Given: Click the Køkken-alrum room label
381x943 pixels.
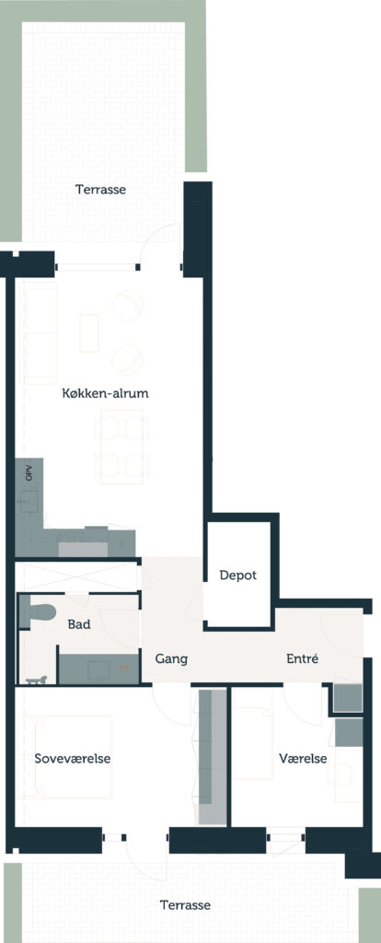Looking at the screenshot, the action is coord(105,394).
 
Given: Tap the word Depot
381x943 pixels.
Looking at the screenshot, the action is coord(238,576).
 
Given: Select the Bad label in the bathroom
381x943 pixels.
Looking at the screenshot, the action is coord(79,624).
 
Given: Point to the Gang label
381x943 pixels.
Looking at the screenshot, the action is coord(171,659).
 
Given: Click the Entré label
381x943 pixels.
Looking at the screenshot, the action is coord(302,658).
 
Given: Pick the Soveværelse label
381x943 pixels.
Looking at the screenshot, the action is coord(72,759).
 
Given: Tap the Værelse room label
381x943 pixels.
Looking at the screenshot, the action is coord(303,759).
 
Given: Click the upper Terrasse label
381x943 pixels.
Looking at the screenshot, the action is coord(100,190).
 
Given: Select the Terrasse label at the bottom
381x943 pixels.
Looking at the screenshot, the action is coord(185,905).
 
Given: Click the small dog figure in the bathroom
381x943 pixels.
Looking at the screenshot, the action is coord(36,680).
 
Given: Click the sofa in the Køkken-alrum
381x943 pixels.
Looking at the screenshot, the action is coord(40,333).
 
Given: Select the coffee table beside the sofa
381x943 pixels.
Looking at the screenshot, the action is coord(89,332).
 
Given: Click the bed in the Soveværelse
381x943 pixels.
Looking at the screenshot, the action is coord(74,759).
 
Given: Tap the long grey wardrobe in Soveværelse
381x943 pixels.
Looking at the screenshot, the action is coord(212,758).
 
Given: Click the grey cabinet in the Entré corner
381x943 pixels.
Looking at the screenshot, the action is coord(349,698).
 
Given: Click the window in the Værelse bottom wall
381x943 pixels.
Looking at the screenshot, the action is coord(285,837).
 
